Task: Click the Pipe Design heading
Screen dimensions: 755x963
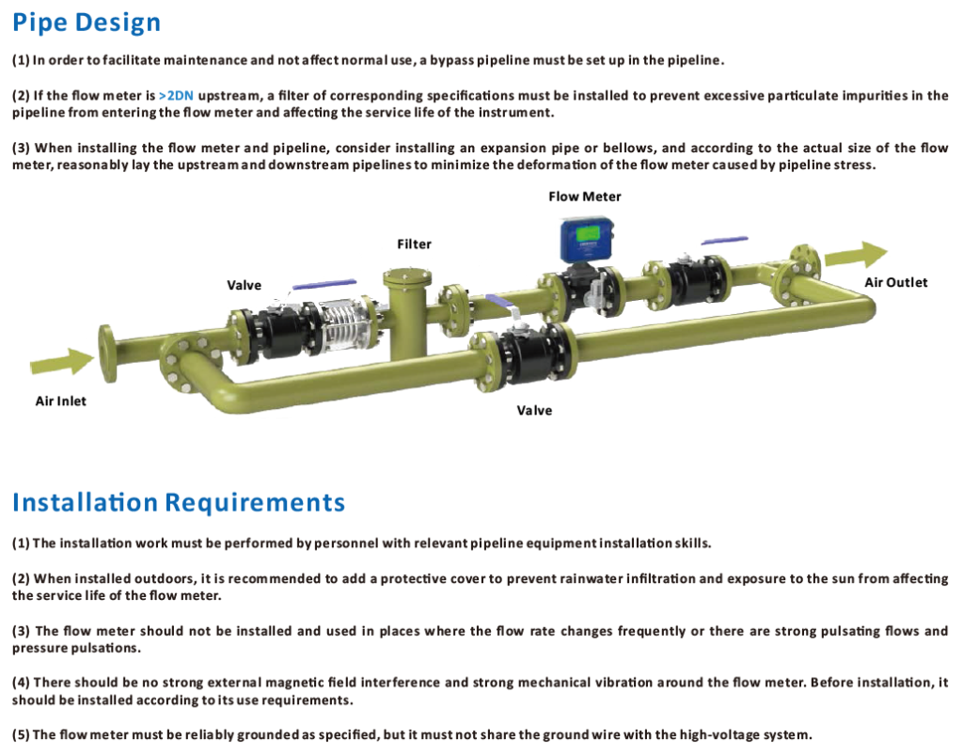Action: pyautogui.click(x=87, y=23)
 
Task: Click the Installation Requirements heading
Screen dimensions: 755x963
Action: pyautogui.click(x=179, y=502)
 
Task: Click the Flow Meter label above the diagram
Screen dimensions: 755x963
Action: pyautogui.click(x=584, y=197)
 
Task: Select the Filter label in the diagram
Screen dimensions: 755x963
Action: pyautogui.click(x=414, y=244)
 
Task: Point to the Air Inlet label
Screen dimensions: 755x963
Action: pyautogui.click(x=60, y=401)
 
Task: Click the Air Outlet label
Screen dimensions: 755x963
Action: pyautogui.click(x=895, y=282)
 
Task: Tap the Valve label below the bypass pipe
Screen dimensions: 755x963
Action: pyautogui.click(x=534, y=410)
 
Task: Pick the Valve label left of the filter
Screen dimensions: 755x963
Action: pyautogui.click(x=244, y=285)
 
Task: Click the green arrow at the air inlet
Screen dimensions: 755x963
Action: pyautogui.click(x=62, y=361)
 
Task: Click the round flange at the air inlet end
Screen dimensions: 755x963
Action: pyautogui.click(x=107, y=353)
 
